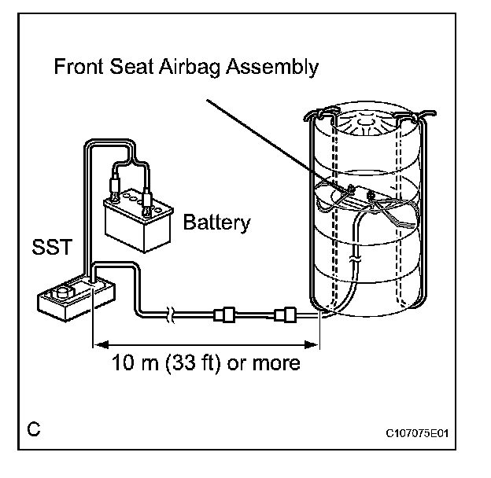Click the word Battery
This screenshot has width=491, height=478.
pos(216,222)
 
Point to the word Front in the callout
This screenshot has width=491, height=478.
pos(79,66)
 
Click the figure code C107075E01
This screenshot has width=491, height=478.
pos(422,433)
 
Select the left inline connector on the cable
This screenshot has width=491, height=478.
pos(224,316)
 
